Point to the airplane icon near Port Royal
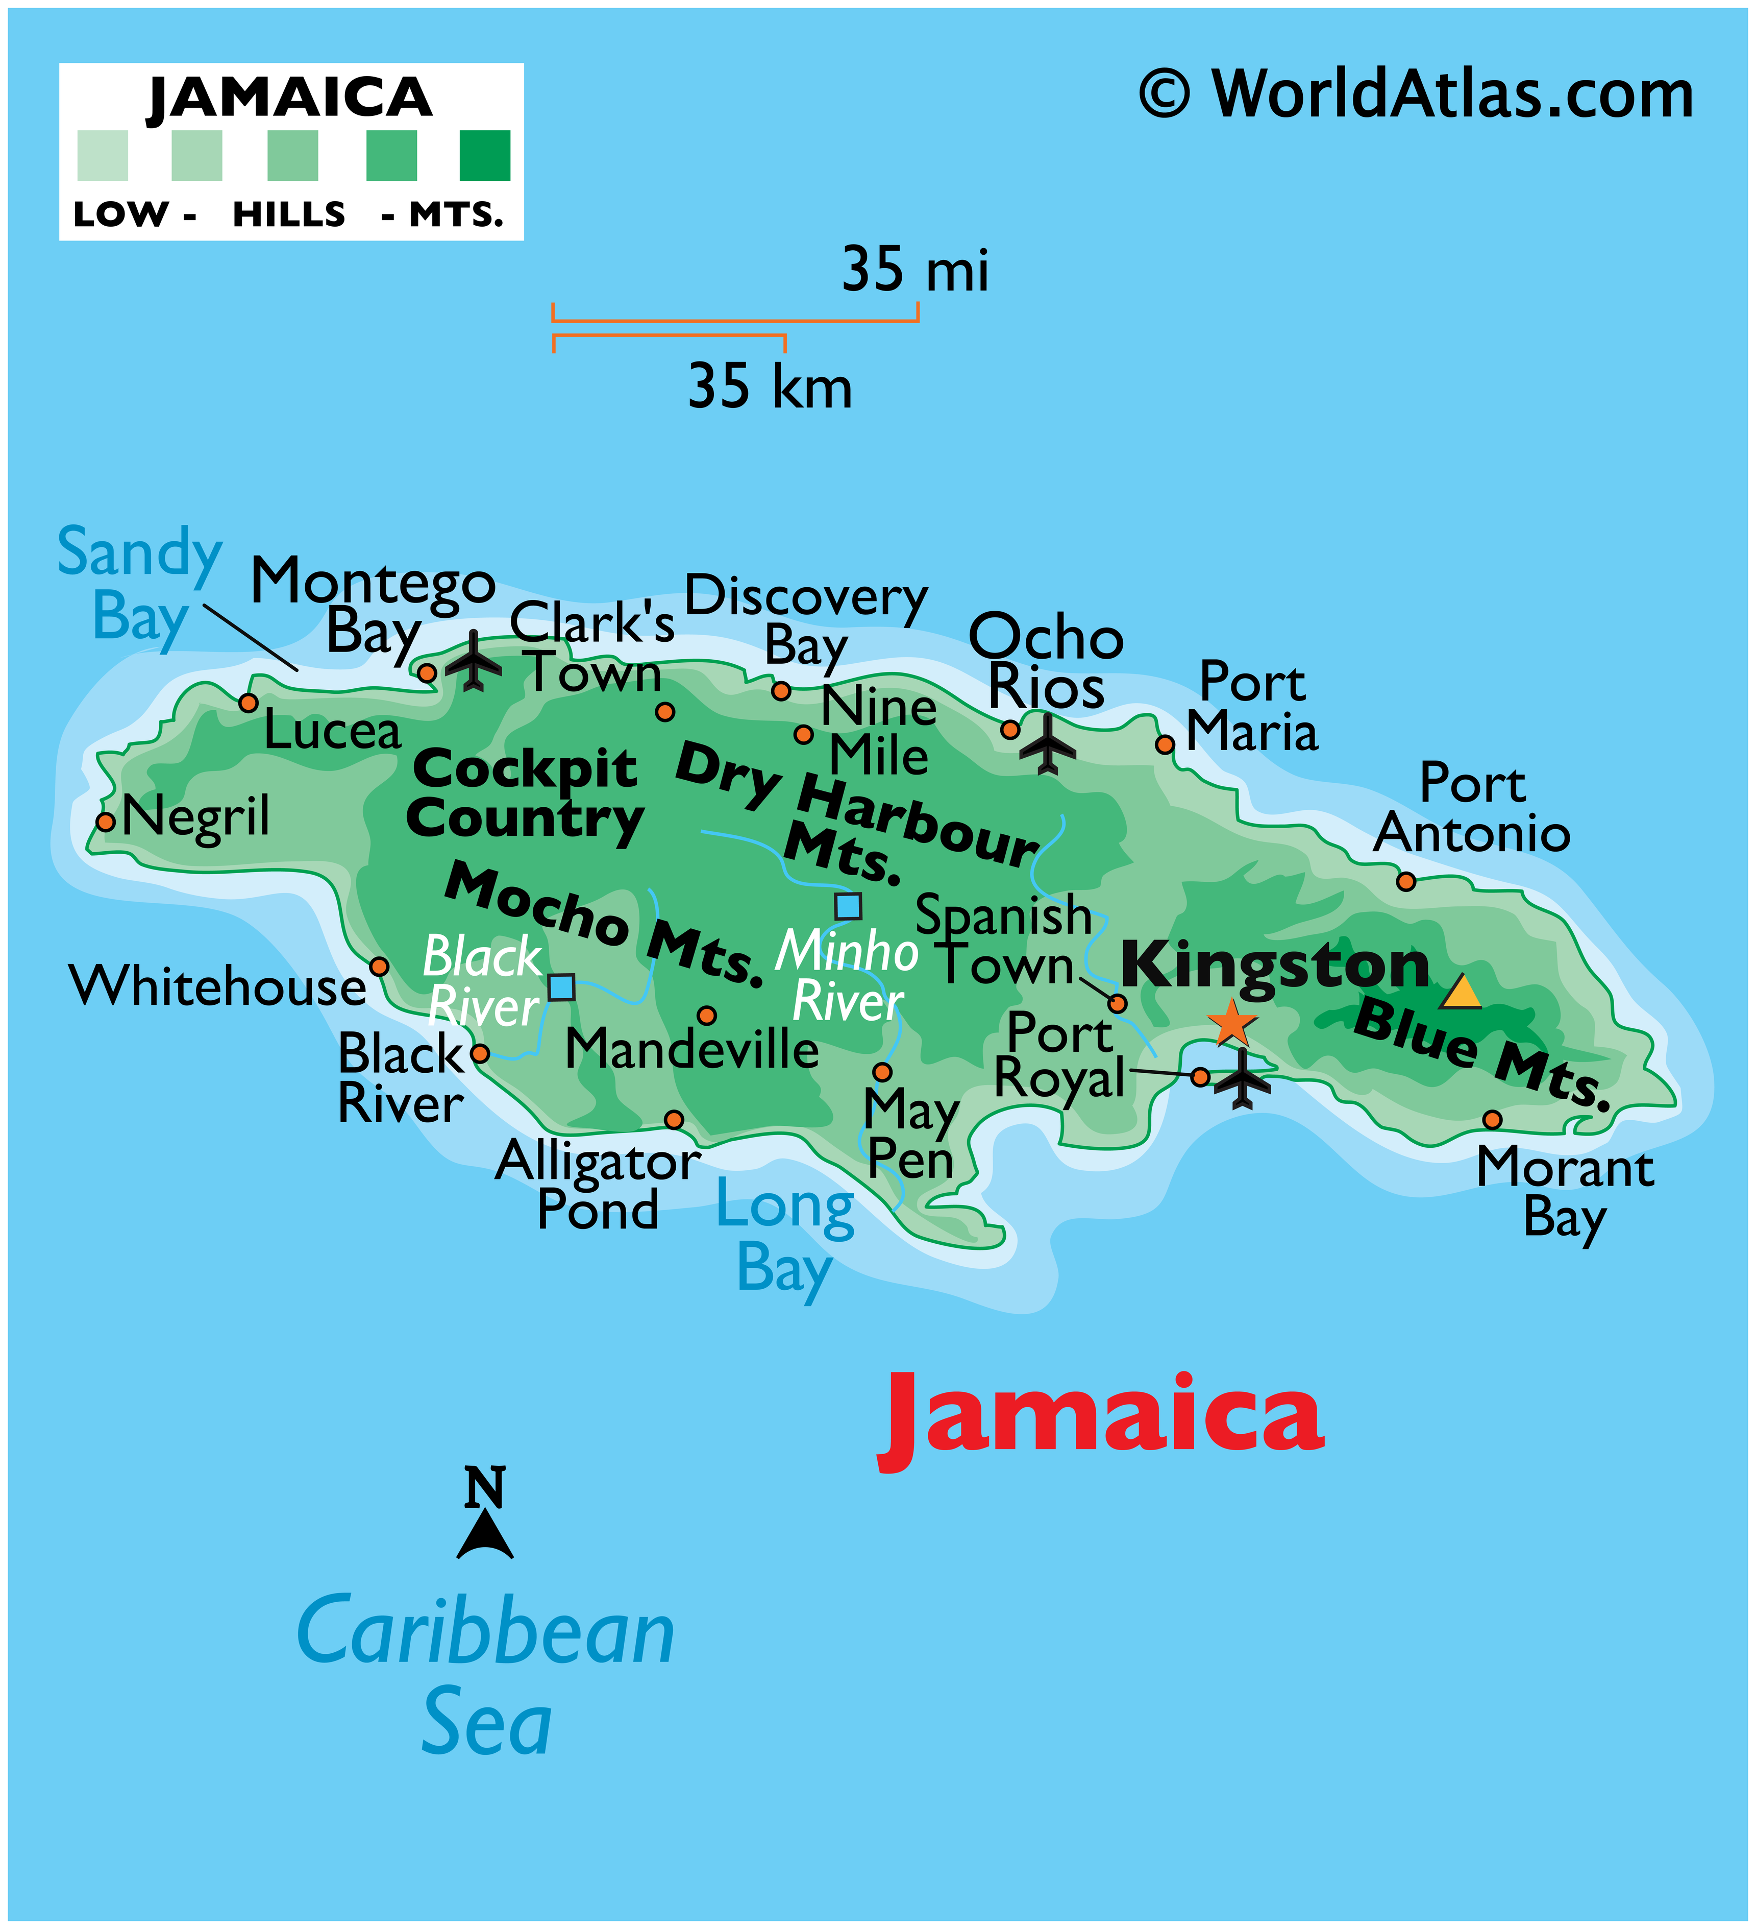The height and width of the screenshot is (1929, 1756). coord(1242,1078)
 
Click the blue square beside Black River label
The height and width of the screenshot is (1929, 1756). coord(561,986)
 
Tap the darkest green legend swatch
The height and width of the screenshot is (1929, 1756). coord(485,156)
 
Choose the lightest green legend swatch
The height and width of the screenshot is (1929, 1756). coord(103,156)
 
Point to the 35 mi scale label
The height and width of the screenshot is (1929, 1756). coord(916,269)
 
